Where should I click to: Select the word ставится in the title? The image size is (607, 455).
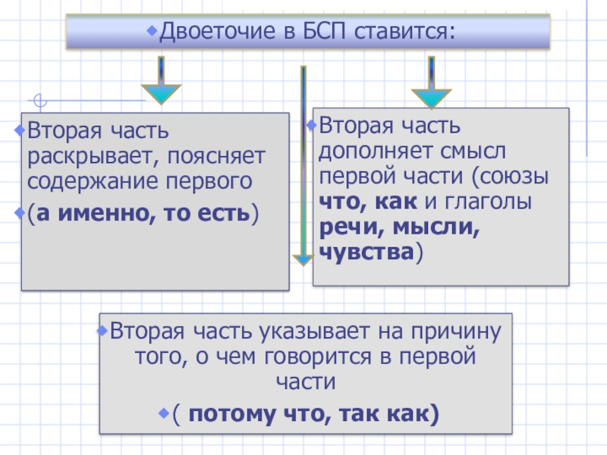pyautogui.click(x=402, y=33)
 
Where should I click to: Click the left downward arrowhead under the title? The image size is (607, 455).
pyautogui.click(x=161, y=94)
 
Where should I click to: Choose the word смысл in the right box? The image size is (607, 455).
pyautogui.click(x=482, y=150)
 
